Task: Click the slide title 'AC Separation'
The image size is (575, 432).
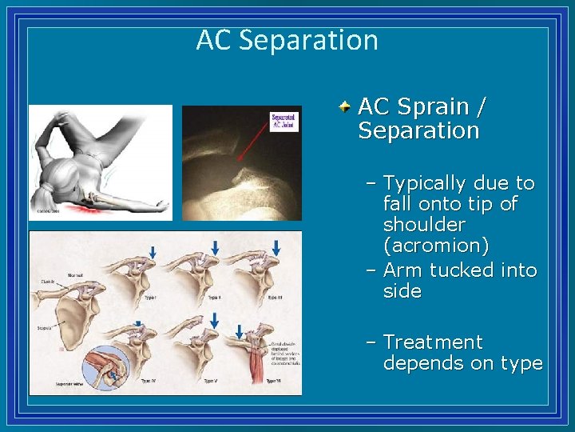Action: pyautogui.click(x=287, y=40)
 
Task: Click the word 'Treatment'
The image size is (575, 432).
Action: pyautogui.click(x=433, y=342)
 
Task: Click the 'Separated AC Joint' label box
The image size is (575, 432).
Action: pyautogui.click(x=284, y=122)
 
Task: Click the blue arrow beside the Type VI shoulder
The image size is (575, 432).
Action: pyautogui.click(x=240, y=330)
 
